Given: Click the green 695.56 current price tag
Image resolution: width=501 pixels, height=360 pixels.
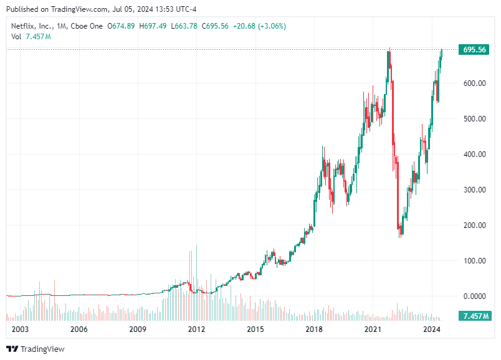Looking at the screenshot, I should click(474, 50).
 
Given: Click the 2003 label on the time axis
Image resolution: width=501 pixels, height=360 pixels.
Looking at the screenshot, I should click(21, 329).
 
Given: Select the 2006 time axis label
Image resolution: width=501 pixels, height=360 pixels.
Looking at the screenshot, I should click(79, 329).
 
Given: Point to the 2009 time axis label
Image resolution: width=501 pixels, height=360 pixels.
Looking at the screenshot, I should click(138, 329).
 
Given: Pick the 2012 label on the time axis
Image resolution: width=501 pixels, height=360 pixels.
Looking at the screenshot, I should click(196, 329).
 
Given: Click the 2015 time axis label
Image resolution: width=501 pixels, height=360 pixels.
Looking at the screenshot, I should click(255, 329).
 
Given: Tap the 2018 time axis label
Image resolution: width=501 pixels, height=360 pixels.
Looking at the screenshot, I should click(314, 329).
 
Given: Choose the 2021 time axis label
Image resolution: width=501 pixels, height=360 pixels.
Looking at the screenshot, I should click(373, 329).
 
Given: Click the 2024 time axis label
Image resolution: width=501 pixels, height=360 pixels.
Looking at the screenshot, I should click(432, 329).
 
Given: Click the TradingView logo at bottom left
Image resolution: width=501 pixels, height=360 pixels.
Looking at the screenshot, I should click(36, 349).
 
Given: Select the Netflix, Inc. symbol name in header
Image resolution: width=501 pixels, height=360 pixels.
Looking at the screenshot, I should click(32, 26).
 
